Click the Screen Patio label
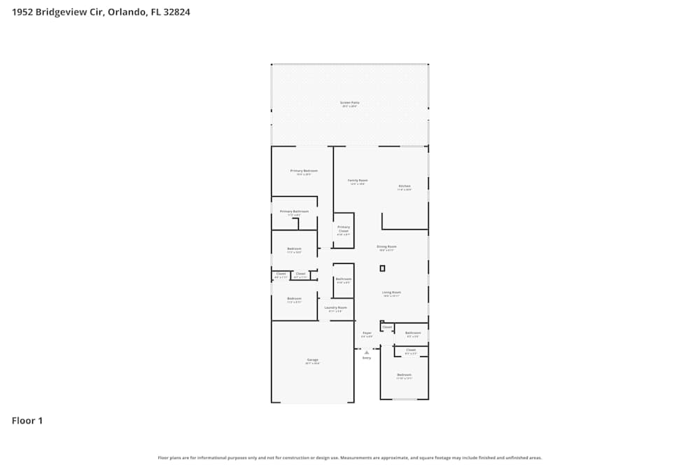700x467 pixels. click(350, 103)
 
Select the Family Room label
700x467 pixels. click(358, 181)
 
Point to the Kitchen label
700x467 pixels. click(405, 186)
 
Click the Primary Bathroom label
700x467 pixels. click(294, 211)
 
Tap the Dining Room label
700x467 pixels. click(387, 247)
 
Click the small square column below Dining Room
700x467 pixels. click(382, 268)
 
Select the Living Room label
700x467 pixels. click(391, 293)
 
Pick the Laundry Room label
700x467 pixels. click(336, 308)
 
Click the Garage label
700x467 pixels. click(312, 361)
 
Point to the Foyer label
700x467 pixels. click(367, 333)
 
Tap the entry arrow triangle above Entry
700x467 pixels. click(366, 352)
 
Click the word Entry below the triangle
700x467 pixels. click(366, 358)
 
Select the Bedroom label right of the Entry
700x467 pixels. click(405, 375)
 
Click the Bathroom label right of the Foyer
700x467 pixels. click(413, 333)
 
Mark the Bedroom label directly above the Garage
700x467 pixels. click(294, 299)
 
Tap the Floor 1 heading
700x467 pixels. click(27, 421)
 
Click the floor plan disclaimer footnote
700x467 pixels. click(350, 458)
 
